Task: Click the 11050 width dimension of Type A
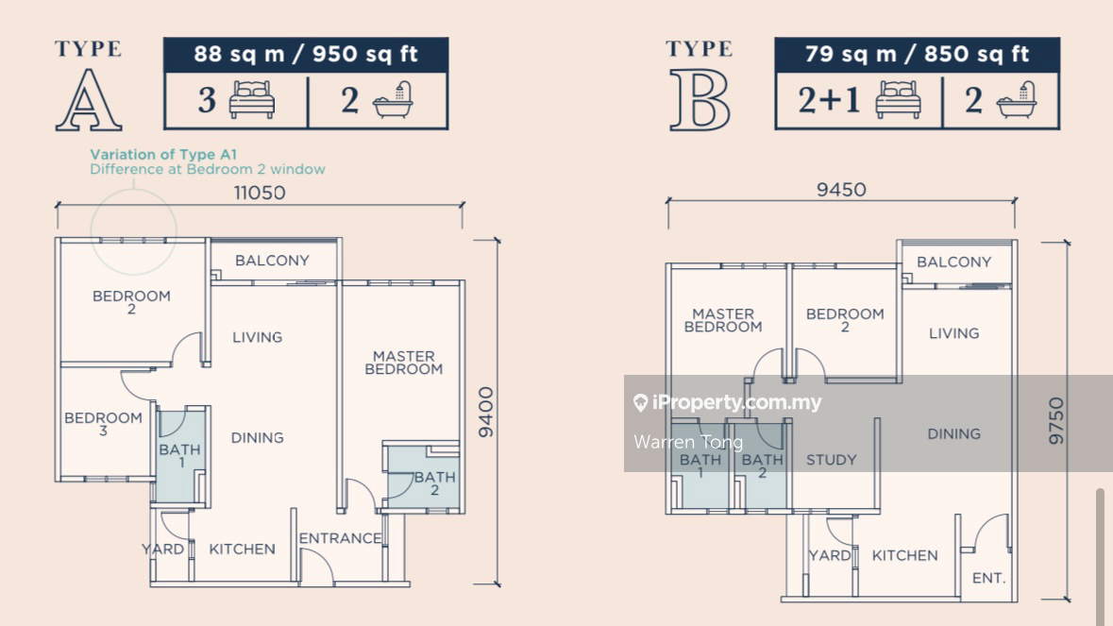[260, 193]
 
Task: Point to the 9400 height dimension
[485, 413]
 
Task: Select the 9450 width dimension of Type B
[841, 190]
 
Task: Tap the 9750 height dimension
[1056, 421]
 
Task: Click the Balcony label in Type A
[272, 261]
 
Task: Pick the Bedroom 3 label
[103, 424]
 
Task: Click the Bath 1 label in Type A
[179, 456]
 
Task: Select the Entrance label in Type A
[340, 539]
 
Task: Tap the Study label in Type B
[831, 460]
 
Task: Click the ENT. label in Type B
[988, 579]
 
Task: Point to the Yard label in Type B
[829, 556]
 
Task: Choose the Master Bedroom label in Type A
[404, 363]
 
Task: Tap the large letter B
[700, 100]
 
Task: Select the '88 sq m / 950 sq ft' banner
[306, 54]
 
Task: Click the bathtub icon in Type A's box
[393, 100]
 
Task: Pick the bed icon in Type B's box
[898, 99]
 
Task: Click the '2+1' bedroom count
[829, 100]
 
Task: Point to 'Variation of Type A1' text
[163, 154]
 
